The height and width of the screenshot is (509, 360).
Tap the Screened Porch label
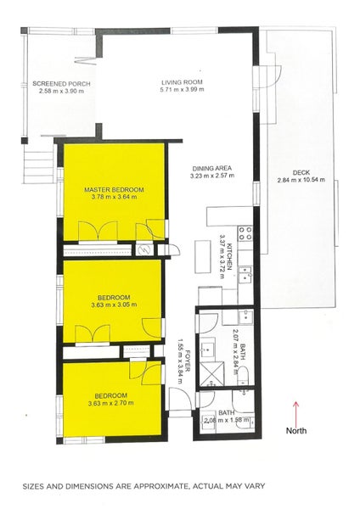tap(61, 83)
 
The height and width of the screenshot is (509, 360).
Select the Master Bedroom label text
tap(113, 189)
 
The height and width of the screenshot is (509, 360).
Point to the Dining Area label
tap(211, 168)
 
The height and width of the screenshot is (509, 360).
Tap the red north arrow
tap(295, 415)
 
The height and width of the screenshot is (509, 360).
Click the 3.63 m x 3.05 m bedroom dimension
tap(113, 305)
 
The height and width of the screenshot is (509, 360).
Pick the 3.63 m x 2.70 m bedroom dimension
tap(110, 403)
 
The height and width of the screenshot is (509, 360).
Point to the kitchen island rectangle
tap(201, 253)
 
